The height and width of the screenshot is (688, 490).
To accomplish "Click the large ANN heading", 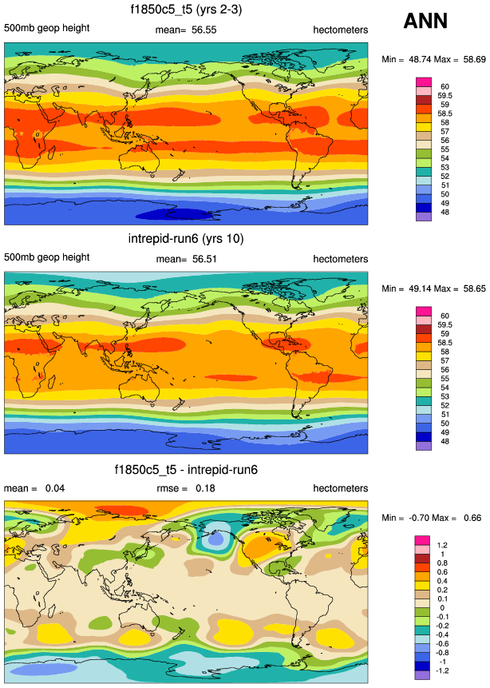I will pos(425,22).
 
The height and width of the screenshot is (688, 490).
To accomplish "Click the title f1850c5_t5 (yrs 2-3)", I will pos(187,10).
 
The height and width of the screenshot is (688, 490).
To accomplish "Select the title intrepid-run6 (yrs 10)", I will pos(187,239).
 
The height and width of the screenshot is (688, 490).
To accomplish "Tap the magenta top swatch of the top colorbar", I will pos(424,82).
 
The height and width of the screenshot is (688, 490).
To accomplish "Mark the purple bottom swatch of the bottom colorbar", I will pos(424,674).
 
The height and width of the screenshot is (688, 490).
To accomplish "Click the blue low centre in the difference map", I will pos(213,540).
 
